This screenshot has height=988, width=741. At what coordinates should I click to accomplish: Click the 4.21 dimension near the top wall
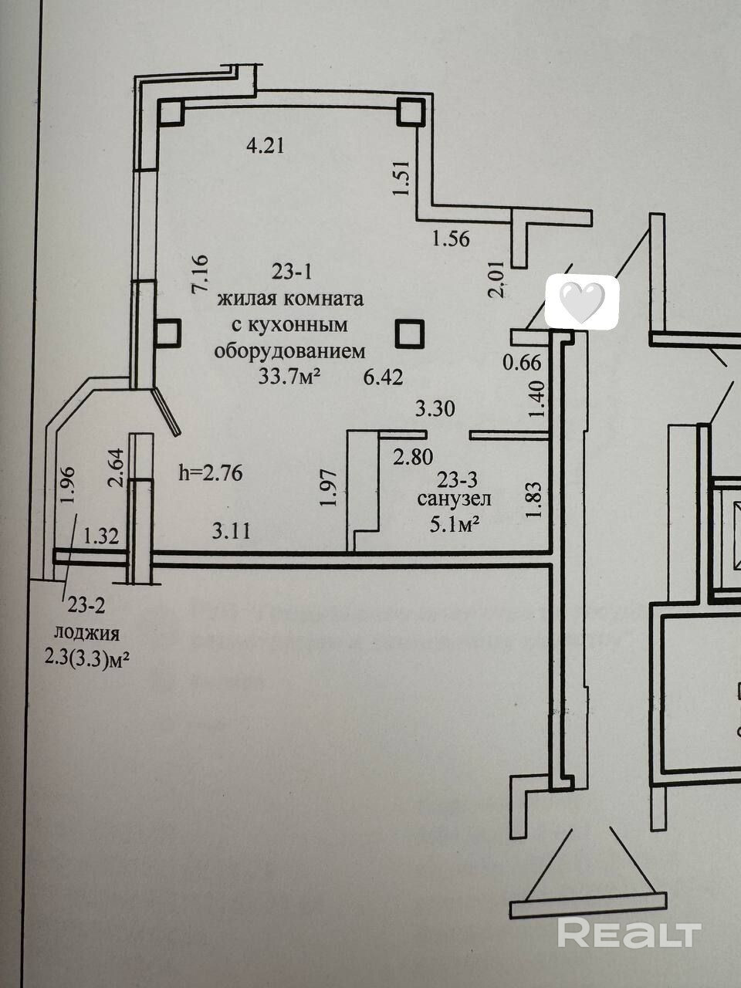tap(265, 144)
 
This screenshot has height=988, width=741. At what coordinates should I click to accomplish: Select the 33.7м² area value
tap(290, 377)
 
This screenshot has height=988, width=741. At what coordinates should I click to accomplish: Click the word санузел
tap(454, 500)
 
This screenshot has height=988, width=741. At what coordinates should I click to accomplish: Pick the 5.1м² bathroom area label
tap(455, 525)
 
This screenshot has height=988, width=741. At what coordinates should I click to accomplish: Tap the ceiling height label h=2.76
tap(210, 472)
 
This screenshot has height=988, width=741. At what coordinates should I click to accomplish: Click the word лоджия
tap(86, 634)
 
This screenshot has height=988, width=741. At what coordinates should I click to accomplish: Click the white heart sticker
tap(581, 302)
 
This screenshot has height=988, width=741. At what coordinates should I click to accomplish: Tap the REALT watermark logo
tap(628, 933)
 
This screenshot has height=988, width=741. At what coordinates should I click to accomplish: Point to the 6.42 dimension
tap(384, 377)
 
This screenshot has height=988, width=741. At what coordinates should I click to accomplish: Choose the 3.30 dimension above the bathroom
tap(435, 409)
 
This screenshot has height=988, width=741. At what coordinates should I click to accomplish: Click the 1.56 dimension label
tap(451, 239)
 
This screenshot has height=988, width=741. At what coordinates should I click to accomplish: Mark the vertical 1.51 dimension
tap(400, 178)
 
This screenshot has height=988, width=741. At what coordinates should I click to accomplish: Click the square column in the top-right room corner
tap(411, 113)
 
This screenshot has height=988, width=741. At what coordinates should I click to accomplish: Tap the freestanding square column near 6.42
tap(409, 334)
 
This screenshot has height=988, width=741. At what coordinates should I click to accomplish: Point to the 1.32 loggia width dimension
tap(102, 536)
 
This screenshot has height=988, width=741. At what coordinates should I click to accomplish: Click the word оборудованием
tap(289, 351)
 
